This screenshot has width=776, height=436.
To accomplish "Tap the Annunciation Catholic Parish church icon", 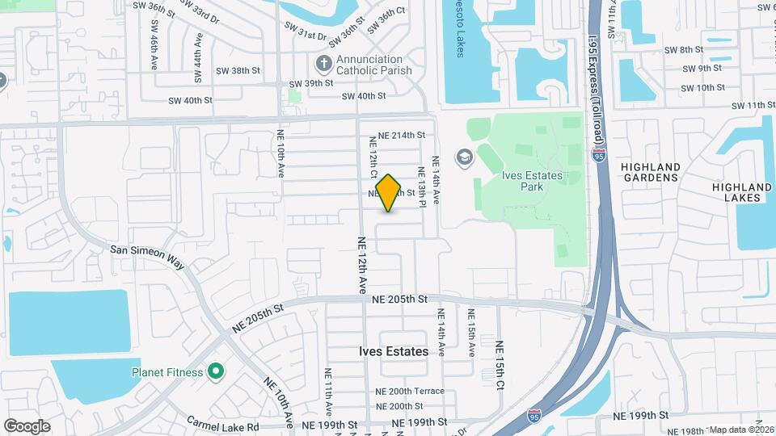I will pyautogui.click(x=323, y=63).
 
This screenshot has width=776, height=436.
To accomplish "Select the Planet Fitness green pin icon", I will pyautogui.click(x=216, y=372).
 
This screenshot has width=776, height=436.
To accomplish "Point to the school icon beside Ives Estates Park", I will pyautogui.click(x=464, y=156).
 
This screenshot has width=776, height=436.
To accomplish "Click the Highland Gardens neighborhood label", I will pyautogui.click(x=650, y=172).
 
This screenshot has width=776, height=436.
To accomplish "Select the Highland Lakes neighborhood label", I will pyautogui.click(x=736, y=192).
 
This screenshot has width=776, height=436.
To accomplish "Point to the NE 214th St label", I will pyautogui.click(x=397, y=135).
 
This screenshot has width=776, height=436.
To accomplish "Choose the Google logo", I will pyautogui.click(x=27, y=426).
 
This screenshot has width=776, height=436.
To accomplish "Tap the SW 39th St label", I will pyautogui.click(x=311, y=83).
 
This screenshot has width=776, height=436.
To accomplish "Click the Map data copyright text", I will pyautogui.click(x=741, y=430).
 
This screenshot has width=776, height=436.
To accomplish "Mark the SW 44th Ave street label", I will pyautogui.click(x=196, y=58).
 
